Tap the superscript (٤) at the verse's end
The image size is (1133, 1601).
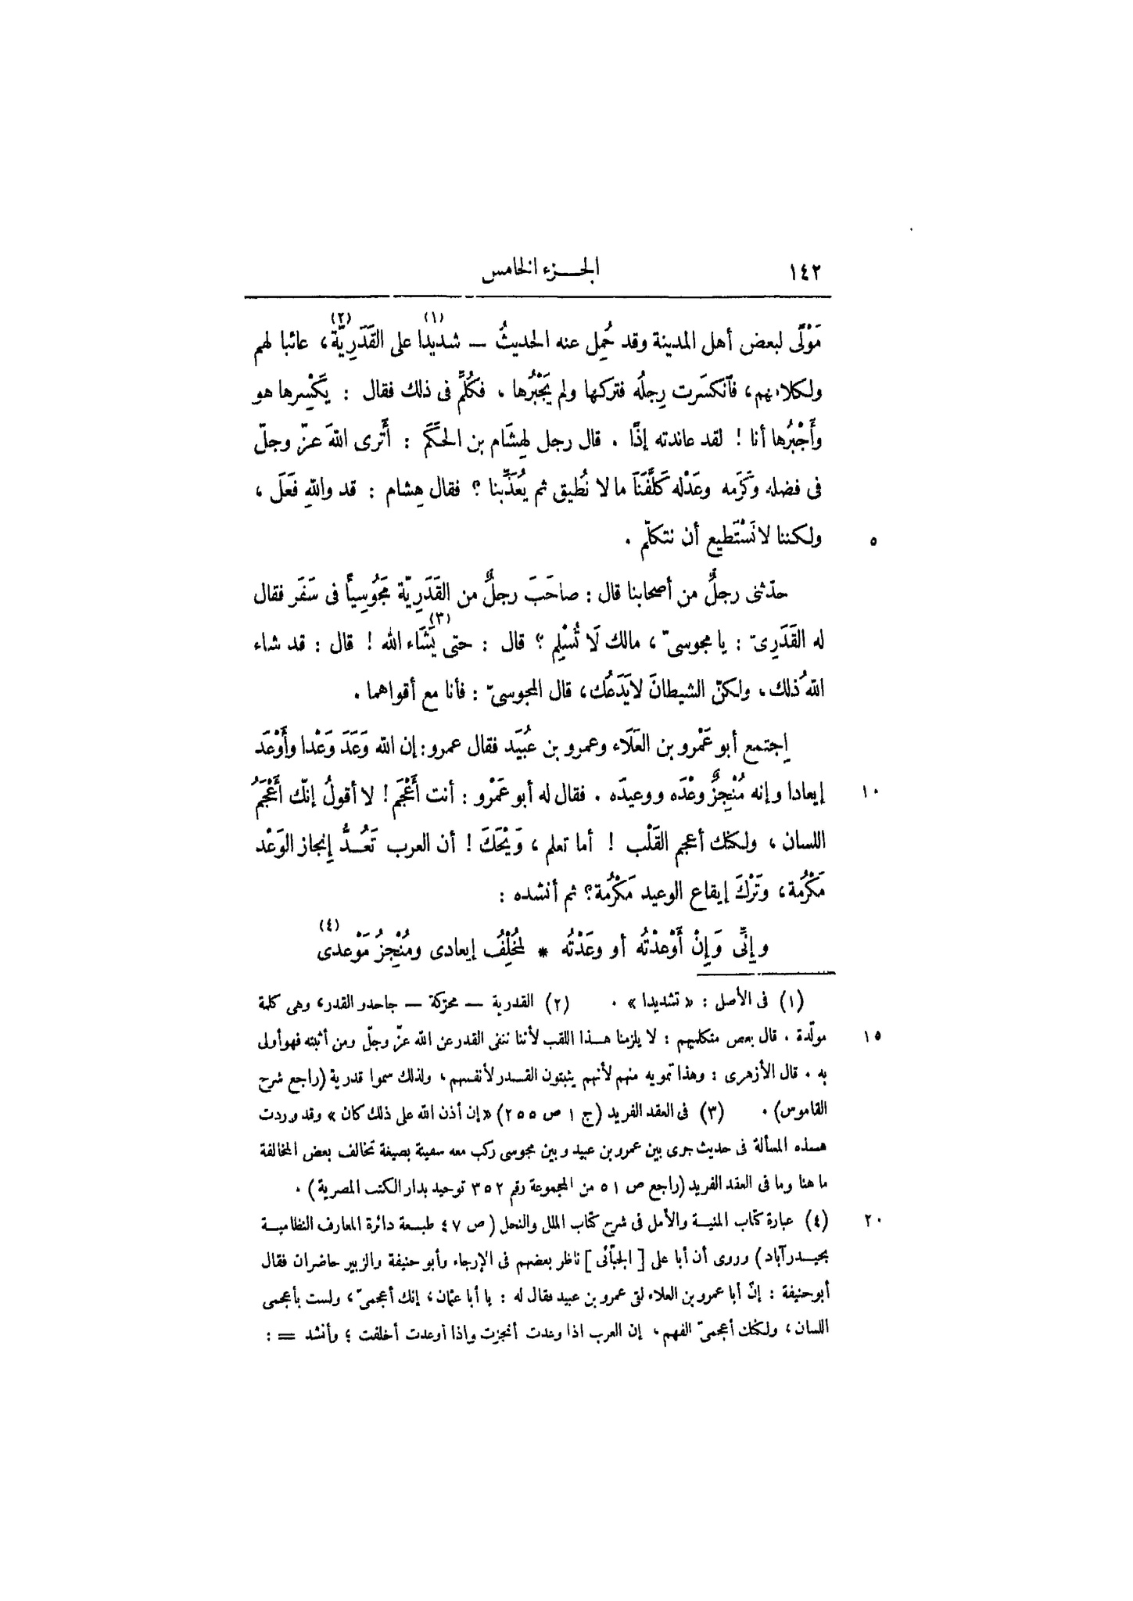point(328,928)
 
